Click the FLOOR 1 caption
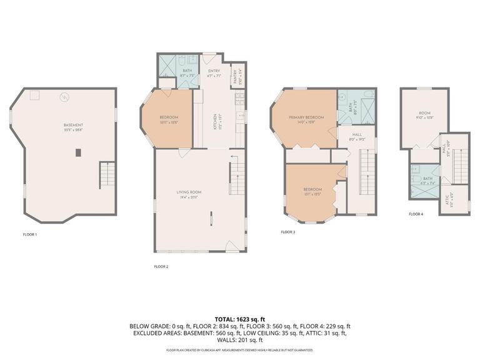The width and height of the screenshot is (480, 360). point(29,234)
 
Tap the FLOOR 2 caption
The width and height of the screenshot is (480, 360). point(161,266)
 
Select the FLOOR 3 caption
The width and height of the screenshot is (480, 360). point(288,232)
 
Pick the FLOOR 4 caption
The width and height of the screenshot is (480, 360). point(416,214)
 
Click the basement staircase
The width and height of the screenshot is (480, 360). point(107,175)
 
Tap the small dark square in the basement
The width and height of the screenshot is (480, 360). point(77,152)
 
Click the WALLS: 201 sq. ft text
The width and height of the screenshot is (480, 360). point(240,340)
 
